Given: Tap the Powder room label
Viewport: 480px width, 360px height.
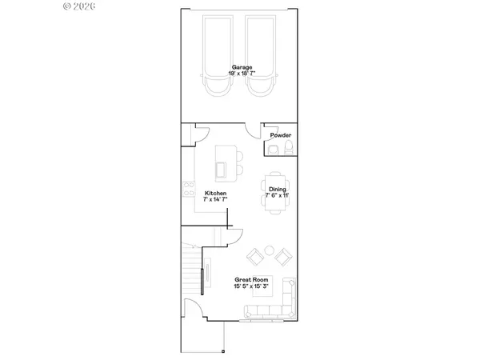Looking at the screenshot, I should (280, 135).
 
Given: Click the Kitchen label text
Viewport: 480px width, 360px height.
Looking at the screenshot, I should (215, 194).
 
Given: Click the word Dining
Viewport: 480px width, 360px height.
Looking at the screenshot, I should (278, 189).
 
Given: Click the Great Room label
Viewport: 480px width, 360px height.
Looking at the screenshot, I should (249, 279).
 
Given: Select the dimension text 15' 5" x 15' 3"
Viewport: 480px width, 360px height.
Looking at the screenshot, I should (250, 286).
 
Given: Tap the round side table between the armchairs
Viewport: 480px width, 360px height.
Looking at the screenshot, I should (268, 251).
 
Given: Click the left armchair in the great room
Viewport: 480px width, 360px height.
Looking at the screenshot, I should (254, 256).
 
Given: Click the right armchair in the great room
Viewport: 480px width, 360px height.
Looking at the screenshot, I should (282, 256).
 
